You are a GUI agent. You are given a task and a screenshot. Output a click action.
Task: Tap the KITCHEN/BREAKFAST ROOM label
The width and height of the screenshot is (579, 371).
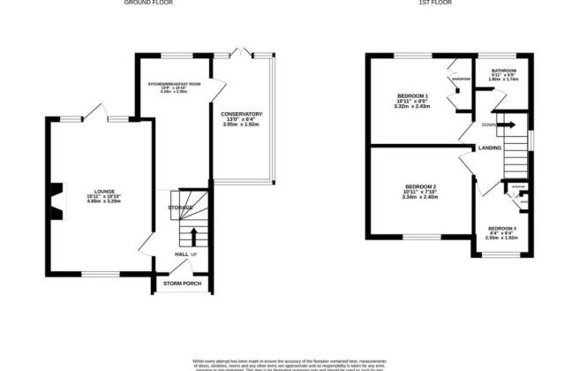[x=174, y=83]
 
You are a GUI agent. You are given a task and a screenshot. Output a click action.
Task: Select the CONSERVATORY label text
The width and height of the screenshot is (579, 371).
[x=242, y=114]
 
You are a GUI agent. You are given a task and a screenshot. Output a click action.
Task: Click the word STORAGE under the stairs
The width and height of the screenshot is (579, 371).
[x=180, y=207]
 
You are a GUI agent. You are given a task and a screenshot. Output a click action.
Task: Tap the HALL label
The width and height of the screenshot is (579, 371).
[x=181, y=254]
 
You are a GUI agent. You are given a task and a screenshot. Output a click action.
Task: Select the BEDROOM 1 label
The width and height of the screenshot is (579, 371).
[x=413, y=95]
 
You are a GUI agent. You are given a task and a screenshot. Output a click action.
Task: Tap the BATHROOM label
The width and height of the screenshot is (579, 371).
[x=503, y=70]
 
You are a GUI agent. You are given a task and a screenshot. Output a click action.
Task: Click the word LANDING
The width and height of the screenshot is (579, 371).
[x=491, y=148]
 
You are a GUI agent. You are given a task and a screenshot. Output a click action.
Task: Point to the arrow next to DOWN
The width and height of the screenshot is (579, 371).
[x=509, y=125]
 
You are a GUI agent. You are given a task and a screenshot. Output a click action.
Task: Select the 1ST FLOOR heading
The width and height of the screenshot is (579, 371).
[x=434, y=4]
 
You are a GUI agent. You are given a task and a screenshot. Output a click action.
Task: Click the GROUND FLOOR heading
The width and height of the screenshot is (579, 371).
[x=147, y=4]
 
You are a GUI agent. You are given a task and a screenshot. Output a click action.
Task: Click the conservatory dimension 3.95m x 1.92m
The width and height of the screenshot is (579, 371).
[x=242, y=125]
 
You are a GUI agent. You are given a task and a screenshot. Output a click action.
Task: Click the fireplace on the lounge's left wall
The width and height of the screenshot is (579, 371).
[x=56, y=199]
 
